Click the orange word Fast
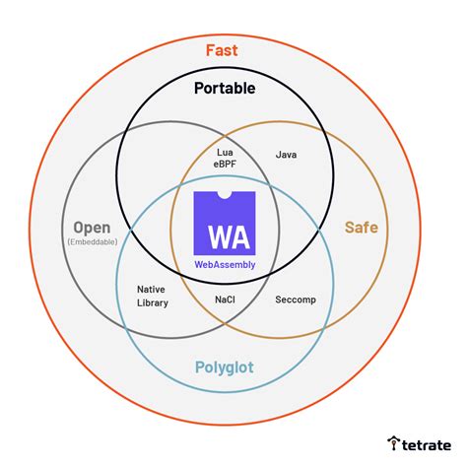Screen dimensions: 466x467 click(222, 49)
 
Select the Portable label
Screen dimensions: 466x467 click(224, 89)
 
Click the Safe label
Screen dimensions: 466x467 click(361, 228)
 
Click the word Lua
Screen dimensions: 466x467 click(224, 154)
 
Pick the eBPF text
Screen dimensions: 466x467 click(224, 166)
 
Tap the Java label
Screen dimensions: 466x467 click(287, 155)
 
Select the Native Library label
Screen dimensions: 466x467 click(152, 296)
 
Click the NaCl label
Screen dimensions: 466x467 click(225, 299)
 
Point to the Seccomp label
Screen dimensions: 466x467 click(296, 299)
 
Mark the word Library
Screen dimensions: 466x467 click(152, 302)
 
